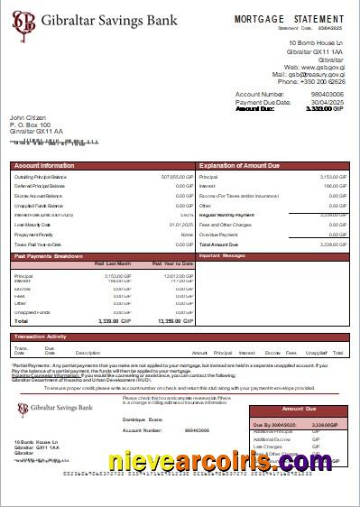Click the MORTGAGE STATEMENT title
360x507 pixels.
(289, 19)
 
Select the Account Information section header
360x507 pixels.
(44, 166)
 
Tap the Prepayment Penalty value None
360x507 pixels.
(187, 234)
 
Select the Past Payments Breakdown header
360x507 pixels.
(51, 256)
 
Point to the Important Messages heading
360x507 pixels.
(222, 256)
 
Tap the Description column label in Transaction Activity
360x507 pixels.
(88, 353)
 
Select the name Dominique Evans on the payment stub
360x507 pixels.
(142, 419)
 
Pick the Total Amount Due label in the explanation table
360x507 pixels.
(218, 244)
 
